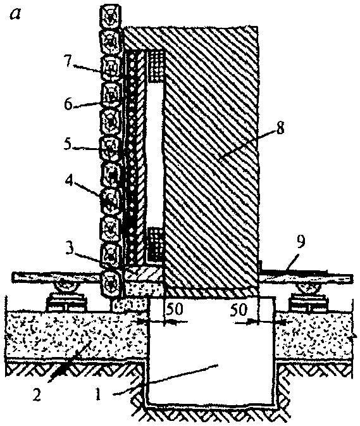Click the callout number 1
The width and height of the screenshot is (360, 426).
[x=98, y=394]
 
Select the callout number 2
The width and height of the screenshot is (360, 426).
[x=37, y=394]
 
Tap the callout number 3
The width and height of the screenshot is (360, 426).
[x=69, y=249]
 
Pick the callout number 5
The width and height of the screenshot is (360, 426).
[x=68, y=144]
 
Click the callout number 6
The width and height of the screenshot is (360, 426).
[x=69, y=104]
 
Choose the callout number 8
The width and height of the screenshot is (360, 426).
[x=280, y=127]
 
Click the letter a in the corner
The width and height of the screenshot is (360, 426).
[x=15, y=14]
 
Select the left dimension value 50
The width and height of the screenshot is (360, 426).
[x=175, y=309]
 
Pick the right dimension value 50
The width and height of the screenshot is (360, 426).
[x=239, y=309]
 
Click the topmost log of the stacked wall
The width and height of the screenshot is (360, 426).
[x=109, y=16]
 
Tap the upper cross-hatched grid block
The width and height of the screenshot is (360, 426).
[x=156, y=66]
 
